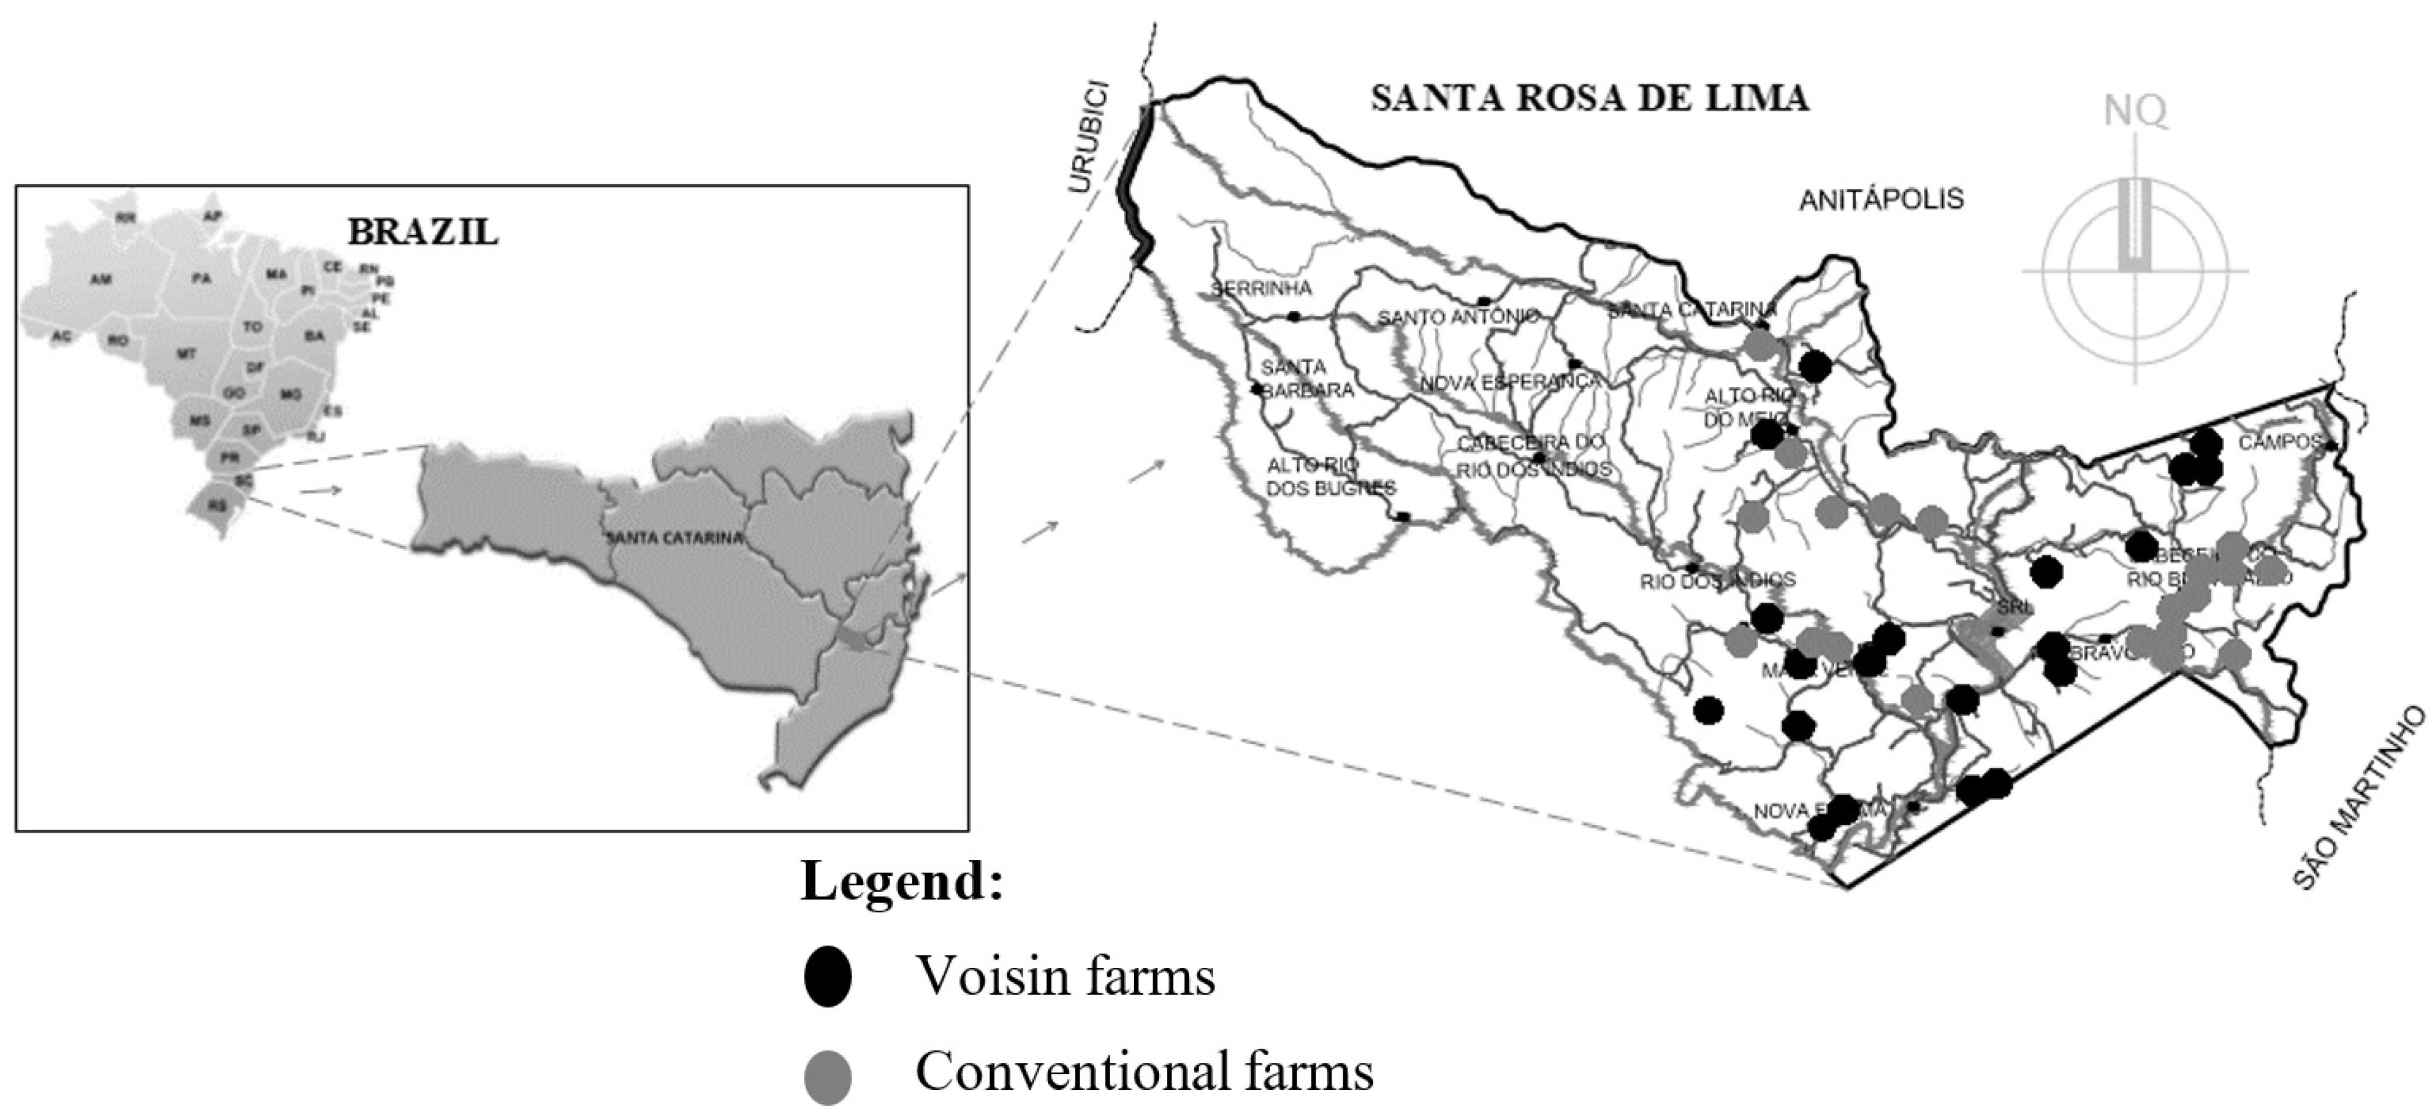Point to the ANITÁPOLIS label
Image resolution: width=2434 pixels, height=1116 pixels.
point(1880,200)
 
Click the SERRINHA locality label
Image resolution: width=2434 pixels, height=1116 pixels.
point(1261,288)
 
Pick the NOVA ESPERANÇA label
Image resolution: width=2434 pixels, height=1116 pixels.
point(1510,382)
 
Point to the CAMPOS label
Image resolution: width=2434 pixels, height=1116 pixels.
point(2279,442)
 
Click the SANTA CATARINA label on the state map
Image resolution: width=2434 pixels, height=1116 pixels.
point(673,538)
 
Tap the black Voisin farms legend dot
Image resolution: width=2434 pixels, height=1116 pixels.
point(827,976)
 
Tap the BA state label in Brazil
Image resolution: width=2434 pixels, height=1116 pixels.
point(314,335)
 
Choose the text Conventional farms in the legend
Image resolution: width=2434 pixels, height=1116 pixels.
point(1143,1072)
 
